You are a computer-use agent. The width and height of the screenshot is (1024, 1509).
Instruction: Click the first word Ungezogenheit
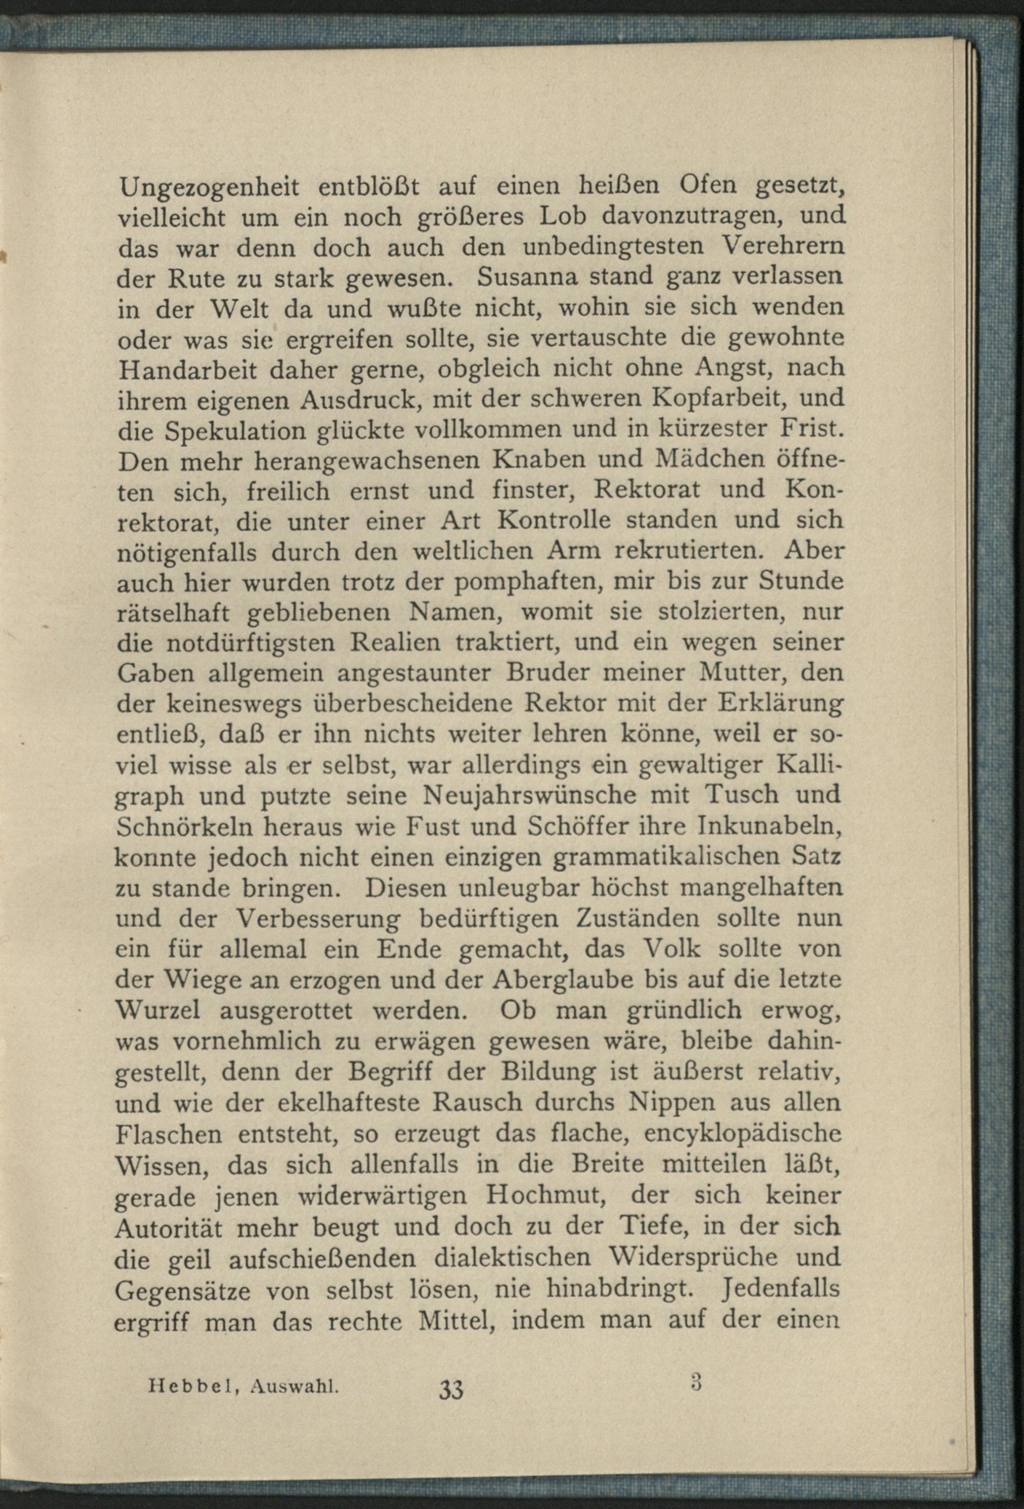coord(208,188)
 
